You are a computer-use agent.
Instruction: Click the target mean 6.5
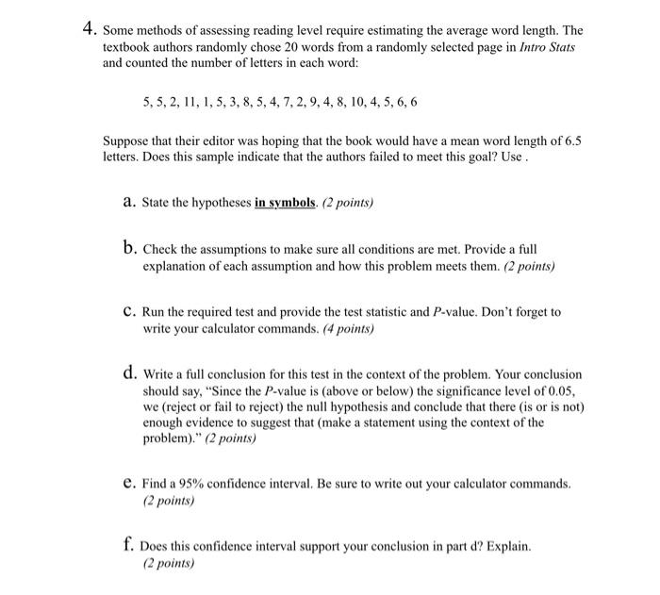pyautogui.click(x=571, y=140)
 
